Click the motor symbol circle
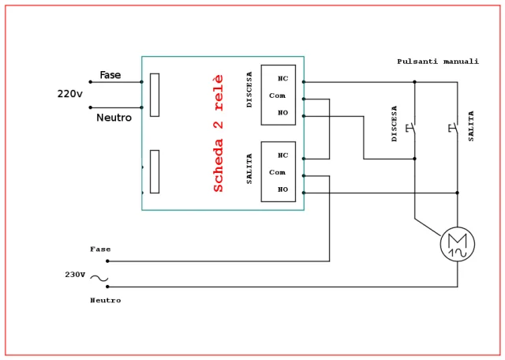(x=457, y=244)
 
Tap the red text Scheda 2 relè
(x=219, y=133)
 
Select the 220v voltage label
(x=69, y=94)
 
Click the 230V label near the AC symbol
(x=75, y=275)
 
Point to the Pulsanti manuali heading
(x=437, y=62)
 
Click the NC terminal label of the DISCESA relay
(x=282, y=78)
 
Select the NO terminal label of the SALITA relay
(x=282, y=189)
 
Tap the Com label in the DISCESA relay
(x=277, y=96)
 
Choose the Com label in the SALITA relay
(x=277, y=172)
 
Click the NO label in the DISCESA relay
(x=282, y=113)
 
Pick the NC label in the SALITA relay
(x=282, y=155)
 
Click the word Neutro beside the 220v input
(x=114, y=118)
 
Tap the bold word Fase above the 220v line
(x=110, y=75)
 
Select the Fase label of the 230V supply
(x=100, y=249)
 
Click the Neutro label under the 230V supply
(x=105, y=300)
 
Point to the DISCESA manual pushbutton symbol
(x=410, y=127)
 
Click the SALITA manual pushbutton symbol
(x=453, y=127)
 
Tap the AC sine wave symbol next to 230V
(x=99, y=278)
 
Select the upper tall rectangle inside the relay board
(x=155, y=95)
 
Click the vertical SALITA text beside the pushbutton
(x=471, y=126)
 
